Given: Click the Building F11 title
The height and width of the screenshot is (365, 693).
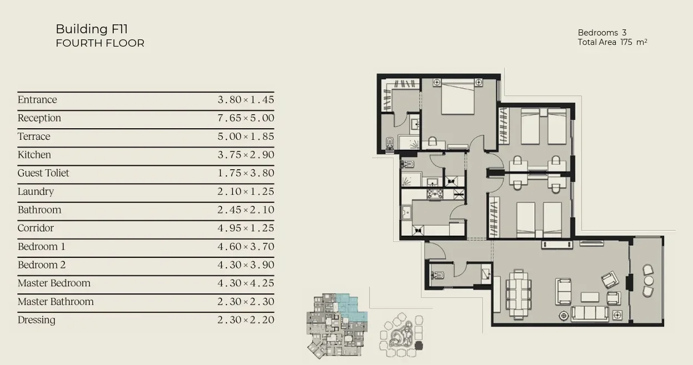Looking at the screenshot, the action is [x=92, y=29].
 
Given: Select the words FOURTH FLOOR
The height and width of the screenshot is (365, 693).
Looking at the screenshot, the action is [x=100, y=43].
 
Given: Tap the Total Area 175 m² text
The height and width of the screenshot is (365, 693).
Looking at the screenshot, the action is [x=612, y=42].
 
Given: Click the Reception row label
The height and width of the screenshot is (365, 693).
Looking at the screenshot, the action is [x=39, y=118].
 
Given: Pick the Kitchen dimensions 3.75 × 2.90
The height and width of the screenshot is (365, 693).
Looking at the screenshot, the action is [x=245, y=155].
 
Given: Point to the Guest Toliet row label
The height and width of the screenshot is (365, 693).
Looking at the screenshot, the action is [x=43, y=173].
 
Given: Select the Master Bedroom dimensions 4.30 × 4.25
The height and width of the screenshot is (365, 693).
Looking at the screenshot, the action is [x=245, y=283].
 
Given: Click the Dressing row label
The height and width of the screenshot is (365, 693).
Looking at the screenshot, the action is [x=37, y=320].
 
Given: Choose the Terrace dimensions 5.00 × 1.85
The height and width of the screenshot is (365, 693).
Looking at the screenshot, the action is [x=245, y=136].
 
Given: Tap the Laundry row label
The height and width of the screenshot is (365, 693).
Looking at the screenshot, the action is [x=36, y=191].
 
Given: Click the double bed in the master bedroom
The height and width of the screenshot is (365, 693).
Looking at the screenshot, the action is [x=458, y=97].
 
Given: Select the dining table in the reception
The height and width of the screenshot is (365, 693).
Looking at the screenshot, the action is [x=519, y=294].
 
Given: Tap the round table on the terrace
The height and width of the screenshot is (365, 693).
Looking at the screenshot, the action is [x=649, y=281].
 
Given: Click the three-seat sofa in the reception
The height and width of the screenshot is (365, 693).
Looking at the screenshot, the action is [x=590, y=313].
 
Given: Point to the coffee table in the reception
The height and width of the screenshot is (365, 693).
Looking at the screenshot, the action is [x=590, y=297].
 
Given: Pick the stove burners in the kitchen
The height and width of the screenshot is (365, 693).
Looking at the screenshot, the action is [x=435, y=194].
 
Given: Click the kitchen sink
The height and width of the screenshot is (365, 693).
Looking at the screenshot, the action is [x=406, y=212].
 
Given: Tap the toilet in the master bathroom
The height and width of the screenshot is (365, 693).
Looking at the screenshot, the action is [x=390, y=144].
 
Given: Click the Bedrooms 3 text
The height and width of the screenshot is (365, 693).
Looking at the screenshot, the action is [x=602, y=33].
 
